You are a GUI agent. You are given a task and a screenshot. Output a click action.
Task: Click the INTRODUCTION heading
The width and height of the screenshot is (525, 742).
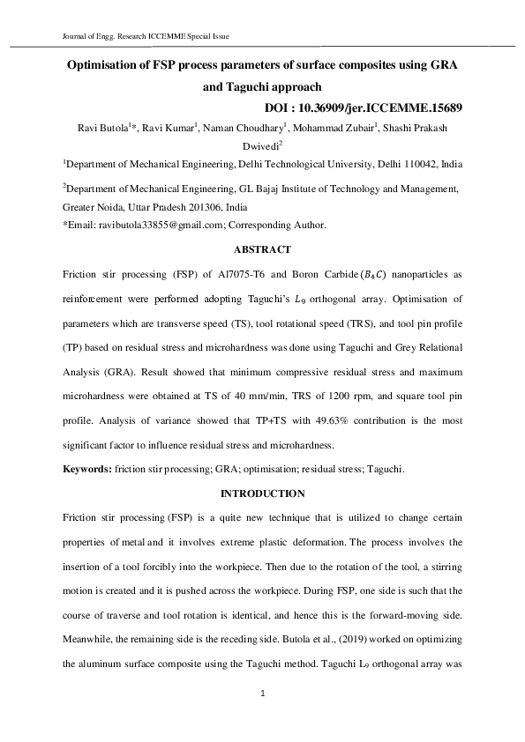(x=262, y=493)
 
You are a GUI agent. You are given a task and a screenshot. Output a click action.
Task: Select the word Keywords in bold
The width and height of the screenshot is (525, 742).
(x=86, y=470)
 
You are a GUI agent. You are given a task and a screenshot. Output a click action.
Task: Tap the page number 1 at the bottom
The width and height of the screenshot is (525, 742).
(x=263, y=695)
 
